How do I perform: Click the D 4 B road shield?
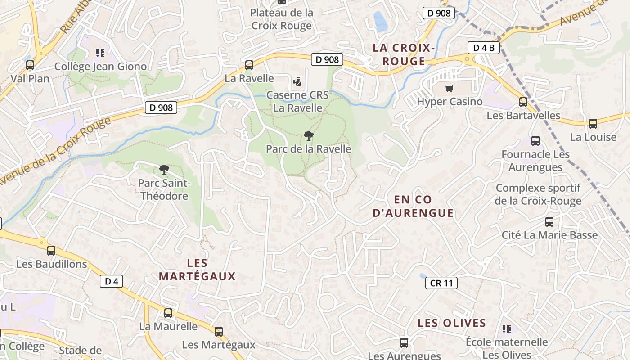click(484, 48)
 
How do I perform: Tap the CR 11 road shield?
click(441, 283)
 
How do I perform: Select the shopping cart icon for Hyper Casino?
click(449, 88)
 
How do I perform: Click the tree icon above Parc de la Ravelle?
click(308, 135)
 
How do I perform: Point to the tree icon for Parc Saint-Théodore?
click(164, 170)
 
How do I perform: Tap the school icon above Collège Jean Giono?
click(100, 53)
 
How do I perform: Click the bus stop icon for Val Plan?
click(30, 65)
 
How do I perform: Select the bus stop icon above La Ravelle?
click(249, 65)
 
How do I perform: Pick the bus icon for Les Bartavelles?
click(523, 102)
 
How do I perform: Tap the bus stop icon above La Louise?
click(593, 124)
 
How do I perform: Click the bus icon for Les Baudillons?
click(51, 251)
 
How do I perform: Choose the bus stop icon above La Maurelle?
click(168, 313)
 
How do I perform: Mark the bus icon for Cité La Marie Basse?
click(549, 222)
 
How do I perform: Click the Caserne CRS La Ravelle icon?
click(297, 82)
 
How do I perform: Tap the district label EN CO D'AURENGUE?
click(413, 206)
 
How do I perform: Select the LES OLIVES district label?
click(451, 323)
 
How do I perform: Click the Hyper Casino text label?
click(450, 102)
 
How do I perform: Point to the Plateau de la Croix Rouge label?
click(282, 19)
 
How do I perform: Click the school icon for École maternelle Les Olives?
click(507, 329)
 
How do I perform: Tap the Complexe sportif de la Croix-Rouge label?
click(538, 194)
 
